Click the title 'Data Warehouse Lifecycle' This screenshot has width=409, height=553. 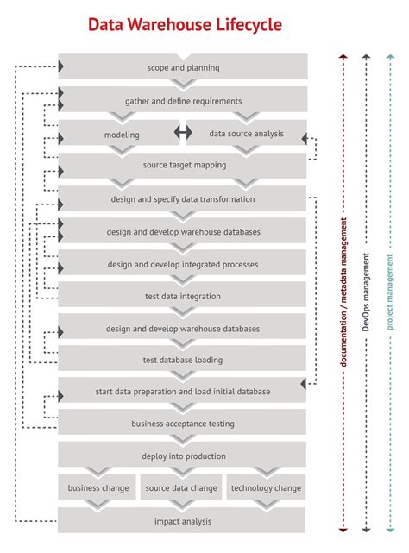click(x=185, y=24)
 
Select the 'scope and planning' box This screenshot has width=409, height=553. click(x=183, y=67)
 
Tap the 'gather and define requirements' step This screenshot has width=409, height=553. click(x=183, y=100)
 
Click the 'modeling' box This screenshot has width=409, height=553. click(x=122, y=134)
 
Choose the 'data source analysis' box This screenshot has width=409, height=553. click(x=245, y=134)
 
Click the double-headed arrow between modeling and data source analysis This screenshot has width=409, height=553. click(x=182, y=133)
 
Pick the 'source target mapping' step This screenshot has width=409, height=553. click(x=183, y=166)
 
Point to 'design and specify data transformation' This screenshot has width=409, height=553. click(x=183, y=198)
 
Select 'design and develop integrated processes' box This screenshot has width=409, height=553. click(x=183, y=264)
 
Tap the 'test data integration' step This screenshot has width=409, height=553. click(x=183, y=296)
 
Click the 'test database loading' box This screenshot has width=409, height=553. click(x=183, y=360)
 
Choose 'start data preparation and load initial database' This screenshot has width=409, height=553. click(x=183, y=391)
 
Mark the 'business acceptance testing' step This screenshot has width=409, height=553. click(x=183, y=424)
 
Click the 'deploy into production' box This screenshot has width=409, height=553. click(x=183, y=456)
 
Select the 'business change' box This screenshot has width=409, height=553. click(x=98, y=487)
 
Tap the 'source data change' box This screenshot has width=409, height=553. click(x=181, y=487)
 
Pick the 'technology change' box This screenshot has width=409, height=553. click(x=265, y=487)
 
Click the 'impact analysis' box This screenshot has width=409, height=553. click(x=183, y=520)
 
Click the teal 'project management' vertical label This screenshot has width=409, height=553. click(x=389, y=293)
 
